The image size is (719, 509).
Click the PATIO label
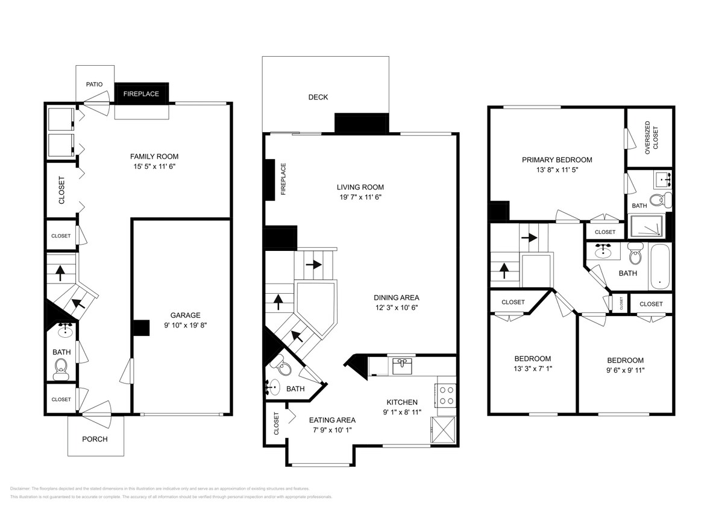point(94,84)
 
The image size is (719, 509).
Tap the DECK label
point(318,97)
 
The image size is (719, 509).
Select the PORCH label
point(95,438)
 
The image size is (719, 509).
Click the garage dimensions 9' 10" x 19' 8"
point(185,326)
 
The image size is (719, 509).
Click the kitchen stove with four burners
point(446,394)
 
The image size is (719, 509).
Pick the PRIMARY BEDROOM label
point(557,160)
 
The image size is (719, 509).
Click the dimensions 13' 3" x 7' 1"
point(533,368)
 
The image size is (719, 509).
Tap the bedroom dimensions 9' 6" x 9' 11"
point(625,370)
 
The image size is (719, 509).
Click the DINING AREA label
point(396,297)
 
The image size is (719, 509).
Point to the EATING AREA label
point(332,420)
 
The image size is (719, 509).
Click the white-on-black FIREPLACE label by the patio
point(141,93)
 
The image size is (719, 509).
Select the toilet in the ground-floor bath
point(61,367)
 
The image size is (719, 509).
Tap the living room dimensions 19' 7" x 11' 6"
point(360,197)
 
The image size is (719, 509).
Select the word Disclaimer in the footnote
point(21,488)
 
